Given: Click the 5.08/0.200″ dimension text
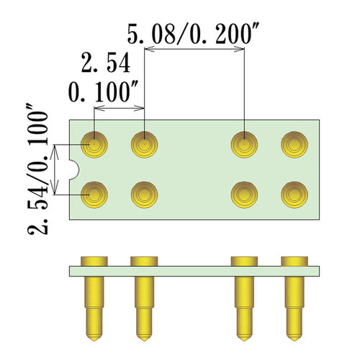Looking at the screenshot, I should pyautogui.click(x=194, y=33).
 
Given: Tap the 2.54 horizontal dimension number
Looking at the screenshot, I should pyautogui.click(x=105, y=64).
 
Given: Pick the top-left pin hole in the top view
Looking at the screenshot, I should pyautogui.click(x=95, y=145).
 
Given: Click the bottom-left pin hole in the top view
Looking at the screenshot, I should pyautogui.click(x=95, y=194).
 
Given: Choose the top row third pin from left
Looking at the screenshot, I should pyautogui.click(x=245, y=145).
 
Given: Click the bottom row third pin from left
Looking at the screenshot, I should pyautogui.click(x=245, y=194).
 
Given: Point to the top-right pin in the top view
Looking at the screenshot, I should pyautogui.click(x=294, y=145).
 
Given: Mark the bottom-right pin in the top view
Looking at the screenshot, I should pyautogui.click(x=294, y=194).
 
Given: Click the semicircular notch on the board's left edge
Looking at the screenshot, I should pyautogui.click(x=73, y=170).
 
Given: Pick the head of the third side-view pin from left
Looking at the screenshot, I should pyautogui.click(x=245, y=260).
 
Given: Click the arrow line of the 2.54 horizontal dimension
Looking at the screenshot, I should pyautogui.click(x=120, y=110).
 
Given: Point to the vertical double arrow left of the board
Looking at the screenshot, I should pyautogui.click(x=56, y=170).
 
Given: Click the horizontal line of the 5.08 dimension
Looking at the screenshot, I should pyautogui.click(x=195, y=50).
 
